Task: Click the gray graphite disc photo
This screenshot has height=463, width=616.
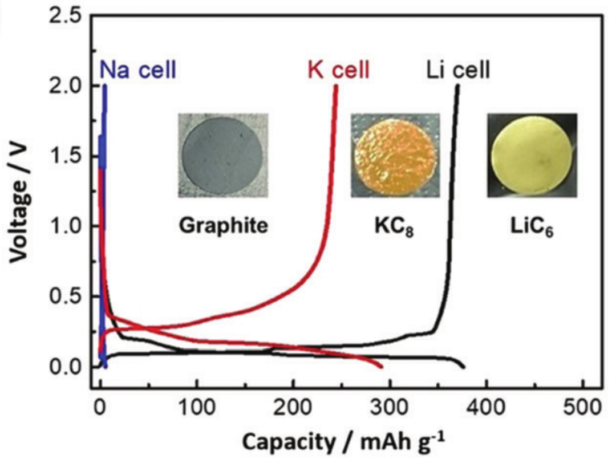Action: pyautogui.click(x=222, y=155)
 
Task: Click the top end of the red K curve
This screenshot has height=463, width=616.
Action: pyautogui.click(x=336, y=86)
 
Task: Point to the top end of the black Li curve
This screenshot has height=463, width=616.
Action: pyautogui.click(x=457, y=86)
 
